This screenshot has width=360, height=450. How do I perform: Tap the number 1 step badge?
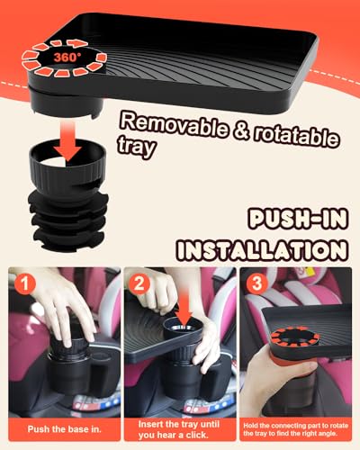(x=25, y=283)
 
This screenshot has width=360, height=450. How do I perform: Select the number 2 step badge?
(x=139, y=283)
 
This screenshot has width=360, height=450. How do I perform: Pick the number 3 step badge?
(x=256, y=283)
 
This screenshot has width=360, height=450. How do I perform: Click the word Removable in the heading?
(x=175, y=125)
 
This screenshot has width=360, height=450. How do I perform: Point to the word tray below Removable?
(x=136, y=146)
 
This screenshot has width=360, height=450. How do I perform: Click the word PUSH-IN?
(x=298, y=220)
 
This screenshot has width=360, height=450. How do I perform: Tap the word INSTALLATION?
(x=262, y=249)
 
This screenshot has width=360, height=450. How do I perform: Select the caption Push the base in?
(x=65, y=429)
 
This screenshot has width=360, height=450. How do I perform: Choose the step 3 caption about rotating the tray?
(x=295, y=429)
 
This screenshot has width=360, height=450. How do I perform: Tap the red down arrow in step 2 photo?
(x=184, y=311)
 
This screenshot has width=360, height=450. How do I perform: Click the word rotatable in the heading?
(x=297, y=137)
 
